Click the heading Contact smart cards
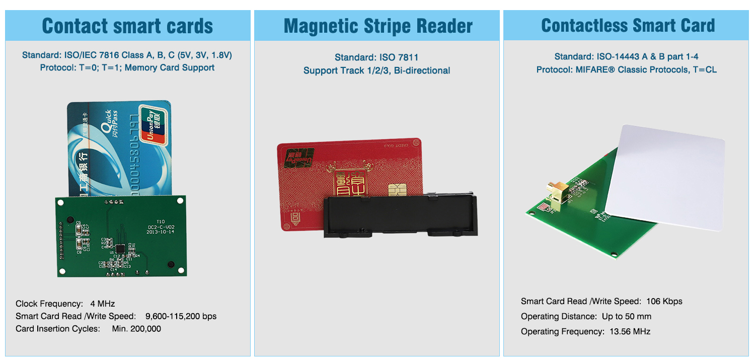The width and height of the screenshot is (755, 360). click(127, 26)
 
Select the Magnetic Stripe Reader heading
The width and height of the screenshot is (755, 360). click(378, 26)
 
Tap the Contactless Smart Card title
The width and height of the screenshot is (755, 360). click(628, 26)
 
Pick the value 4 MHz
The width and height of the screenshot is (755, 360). click(103, 304)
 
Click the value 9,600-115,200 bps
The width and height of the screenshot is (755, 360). click(181, 316)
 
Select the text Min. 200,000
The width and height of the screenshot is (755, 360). click(136, 329)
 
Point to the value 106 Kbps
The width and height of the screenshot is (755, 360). click(662, 301)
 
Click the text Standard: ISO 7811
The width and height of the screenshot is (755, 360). click(376, 57)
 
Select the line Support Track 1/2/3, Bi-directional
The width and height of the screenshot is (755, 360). click(376, 70)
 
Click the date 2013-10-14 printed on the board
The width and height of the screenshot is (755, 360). click(161, 233)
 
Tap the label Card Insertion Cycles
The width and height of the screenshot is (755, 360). click(58, 329)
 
